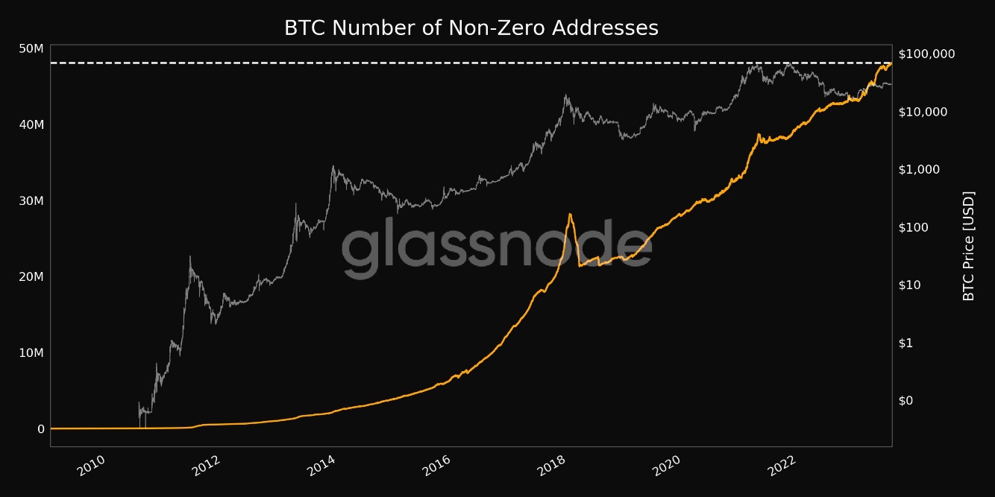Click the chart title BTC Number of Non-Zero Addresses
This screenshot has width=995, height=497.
click(x=471, y=28)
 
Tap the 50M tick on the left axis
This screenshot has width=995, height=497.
click(x=31, y=48)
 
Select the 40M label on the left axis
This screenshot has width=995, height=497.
click(x=31, y=124)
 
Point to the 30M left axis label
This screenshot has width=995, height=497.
click(x=31, y=201)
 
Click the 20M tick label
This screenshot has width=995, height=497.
click(x=31, y=277)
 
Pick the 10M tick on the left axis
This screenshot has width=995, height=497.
click(x=31, y=353)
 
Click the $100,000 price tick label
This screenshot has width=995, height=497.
click(x=926, y=54)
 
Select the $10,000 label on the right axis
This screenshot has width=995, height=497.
click(x=923, y=112)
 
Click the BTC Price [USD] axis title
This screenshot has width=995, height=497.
click(x=969, y=246)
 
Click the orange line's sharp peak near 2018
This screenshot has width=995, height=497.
click(x=570, y=215)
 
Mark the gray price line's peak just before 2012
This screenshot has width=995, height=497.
click(x=189, y=257)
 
